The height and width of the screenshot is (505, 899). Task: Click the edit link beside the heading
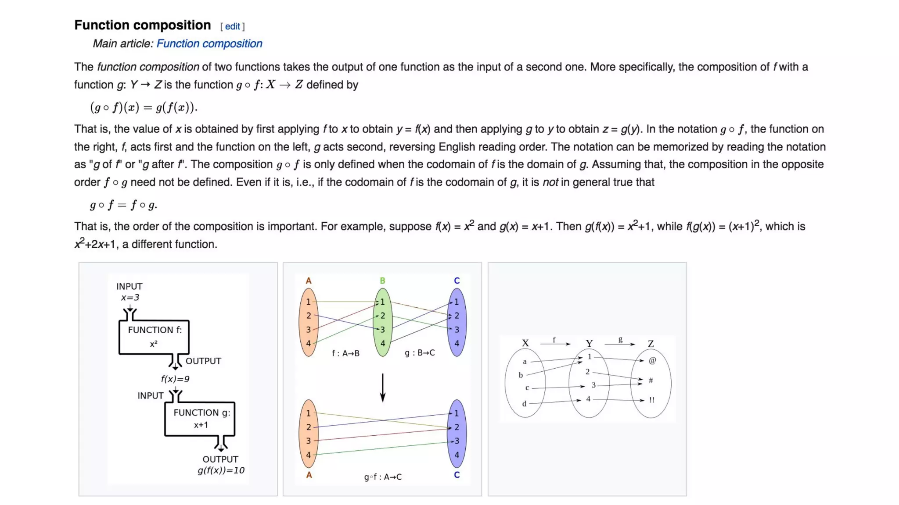[x=232, y=26]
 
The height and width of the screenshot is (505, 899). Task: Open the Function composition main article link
[x=209, y=44]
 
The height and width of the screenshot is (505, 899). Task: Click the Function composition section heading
[x=142, y=25]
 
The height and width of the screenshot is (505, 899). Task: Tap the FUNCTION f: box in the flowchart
[x=154, y=336]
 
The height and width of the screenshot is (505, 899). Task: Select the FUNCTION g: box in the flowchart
[x=200, y=419]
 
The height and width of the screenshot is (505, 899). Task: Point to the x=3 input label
[x=130, y=298]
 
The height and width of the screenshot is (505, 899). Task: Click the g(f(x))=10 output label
[x=221, y=470]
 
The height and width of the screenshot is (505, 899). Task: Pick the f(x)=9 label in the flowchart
[x=175, y=379]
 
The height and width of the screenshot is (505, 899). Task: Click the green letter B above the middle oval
[x=382, y=281]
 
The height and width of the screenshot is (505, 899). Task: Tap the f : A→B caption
[x=345, y=353]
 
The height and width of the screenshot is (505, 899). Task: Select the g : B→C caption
[x=420, y=353]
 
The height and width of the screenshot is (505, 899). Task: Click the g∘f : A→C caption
[x=383, y=477]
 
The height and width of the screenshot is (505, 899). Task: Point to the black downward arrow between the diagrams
[x=383, y=388]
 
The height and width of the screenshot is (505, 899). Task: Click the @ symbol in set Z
[x=652, y=360]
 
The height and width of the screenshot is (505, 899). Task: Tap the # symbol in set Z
[x=651, y=380]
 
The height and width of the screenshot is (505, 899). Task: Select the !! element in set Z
[x=652, y=400]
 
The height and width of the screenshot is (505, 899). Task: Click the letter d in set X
[x=524, y=404]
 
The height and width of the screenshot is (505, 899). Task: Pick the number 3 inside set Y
[x=593, y=385]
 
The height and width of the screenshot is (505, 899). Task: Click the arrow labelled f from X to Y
[x=555, y=344]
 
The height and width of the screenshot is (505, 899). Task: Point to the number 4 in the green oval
[x=383, y=343]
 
